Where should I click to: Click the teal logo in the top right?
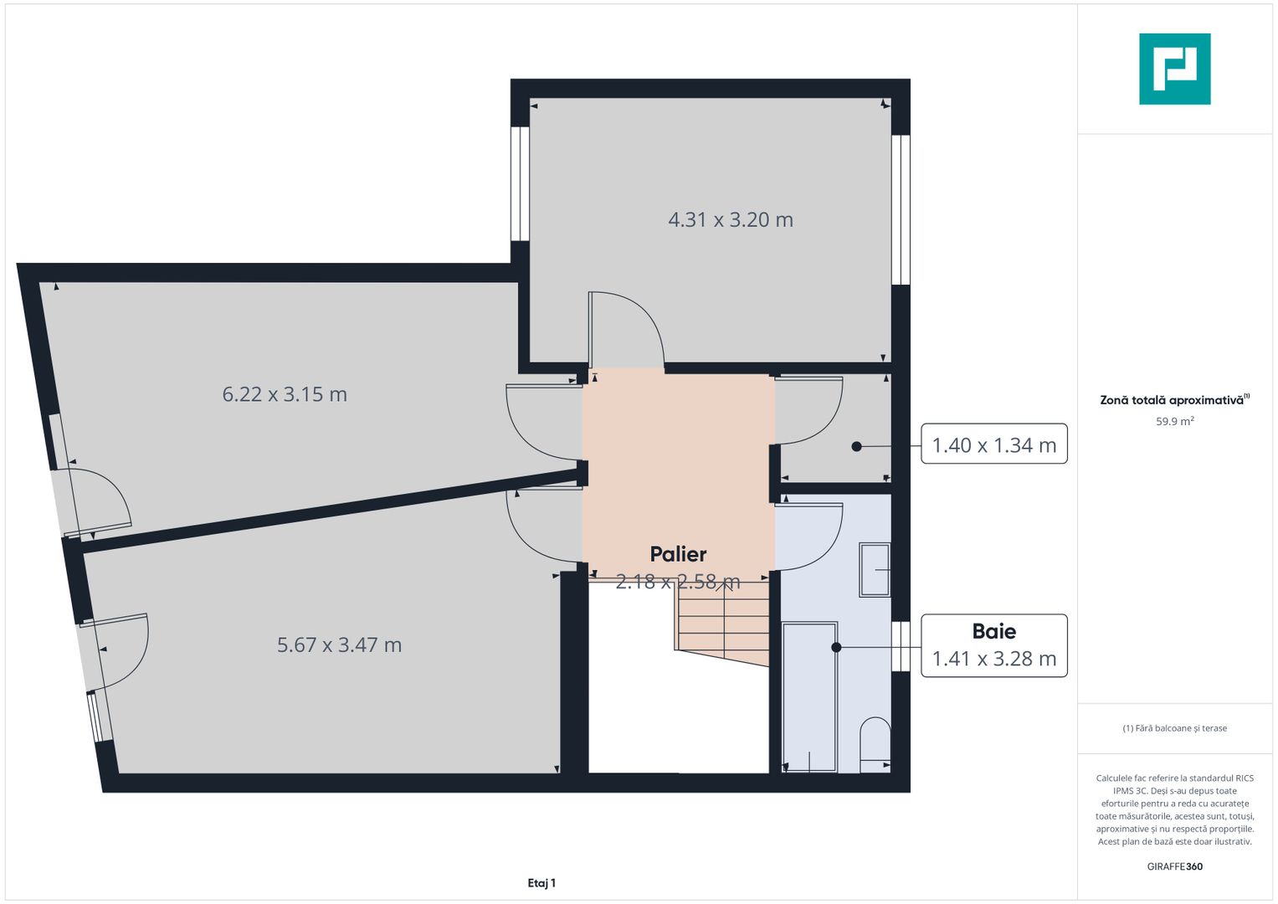click(x=1174, y=69)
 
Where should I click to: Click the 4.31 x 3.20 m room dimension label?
click(x=730, y=219)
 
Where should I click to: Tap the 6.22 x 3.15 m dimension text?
click(x=285, y=394)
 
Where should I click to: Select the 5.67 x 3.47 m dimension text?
click(x=339, y=645)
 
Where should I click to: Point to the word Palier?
click(x=678, y=554)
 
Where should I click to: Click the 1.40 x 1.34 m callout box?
click(x=993, y=444)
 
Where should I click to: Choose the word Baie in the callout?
click(x=994, y=631)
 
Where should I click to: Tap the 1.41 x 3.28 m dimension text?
click(x=994, y=659)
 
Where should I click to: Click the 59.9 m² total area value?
click(x=1174, y=421)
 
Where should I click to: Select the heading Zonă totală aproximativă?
click(x=1172, y=400)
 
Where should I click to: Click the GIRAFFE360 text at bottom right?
click(x=1174, y=866)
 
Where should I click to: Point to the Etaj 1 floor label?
click(x=541, y=883)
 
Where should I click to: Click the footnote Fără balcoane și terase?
click(x=1174, y=728)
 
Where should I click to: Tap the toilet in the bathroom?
click(x=875, y=743)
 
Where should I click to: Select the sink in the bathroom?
click(x=875, y=570)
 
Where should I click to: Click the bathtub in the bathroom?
click(x=809, y=696)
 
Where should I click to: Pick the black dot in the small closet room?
click(x=856, y=447)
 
